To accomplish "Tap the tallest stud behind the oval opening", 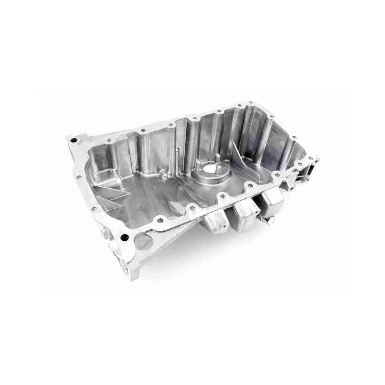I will point(217,158).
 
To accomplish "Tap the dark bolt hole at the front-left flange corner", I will point(123,238).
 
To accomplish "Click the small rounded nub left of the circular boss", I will point(164,175).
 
